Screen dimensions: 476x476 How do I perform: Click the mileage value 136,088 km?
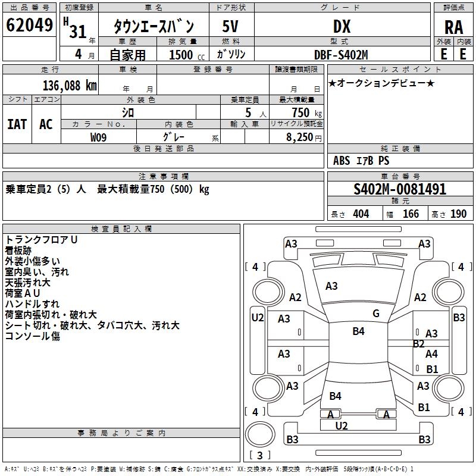pos(70,85)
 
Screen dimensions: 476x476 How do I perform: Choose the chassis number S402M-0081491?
pos(400,190)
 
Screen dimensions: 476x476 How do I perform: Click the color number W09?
pos(99,137)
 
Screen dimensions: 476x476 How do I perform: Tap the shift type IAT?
pos(17,124)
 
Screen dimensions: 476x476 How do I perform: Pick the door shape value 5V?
pos(231,26)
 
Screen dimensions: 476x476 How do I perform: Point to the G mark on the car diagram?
pos(375,314)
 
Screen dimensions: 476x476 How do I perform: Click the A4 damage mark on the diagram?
pos(431,354)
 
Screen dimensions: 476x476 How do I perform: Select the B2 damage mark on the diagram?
pos(418,344)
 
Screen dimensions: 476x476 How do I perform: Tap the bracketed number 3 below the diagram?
pos(261,456)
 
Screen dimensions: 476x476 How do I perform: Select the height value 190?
pos(458,214)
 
